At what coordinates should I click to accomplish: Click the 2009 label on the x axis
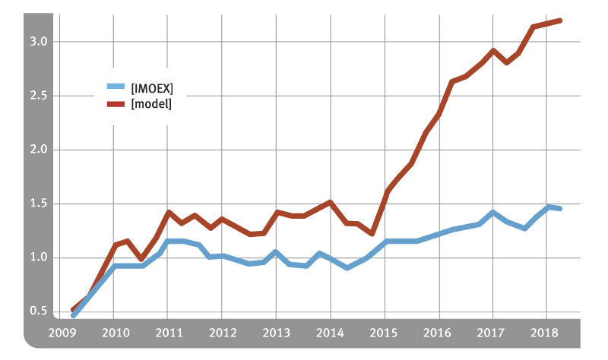coord(59,332)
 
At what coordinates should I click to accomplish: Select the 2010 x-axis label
coord(113,332)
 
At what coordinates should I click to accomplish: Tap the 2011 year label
coord(167,332)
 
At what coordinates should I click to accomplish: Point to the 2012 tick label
coord(221,332)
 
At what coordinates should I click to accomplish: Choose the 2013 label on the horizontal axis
coord(275,332)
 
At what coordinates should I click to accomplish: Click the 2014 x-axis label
coord(330,332)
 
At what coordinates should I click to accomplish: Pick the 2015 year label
coord(384,332)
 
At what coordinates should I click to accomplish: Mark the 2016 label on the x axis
coord(438,332)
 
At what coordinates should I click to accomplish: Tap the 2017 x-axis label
coord(492,332)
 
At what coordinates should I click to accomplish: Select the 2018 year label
coord(546,332)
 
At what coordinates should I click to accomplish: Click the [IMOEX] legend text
coord(153,88)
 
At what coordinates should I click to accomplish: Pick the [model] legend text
coord(151,104)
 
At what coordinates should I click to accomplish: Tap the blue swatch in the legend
coord(116,88)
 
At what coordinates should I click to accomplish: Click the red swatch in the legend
coord(116,104)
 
